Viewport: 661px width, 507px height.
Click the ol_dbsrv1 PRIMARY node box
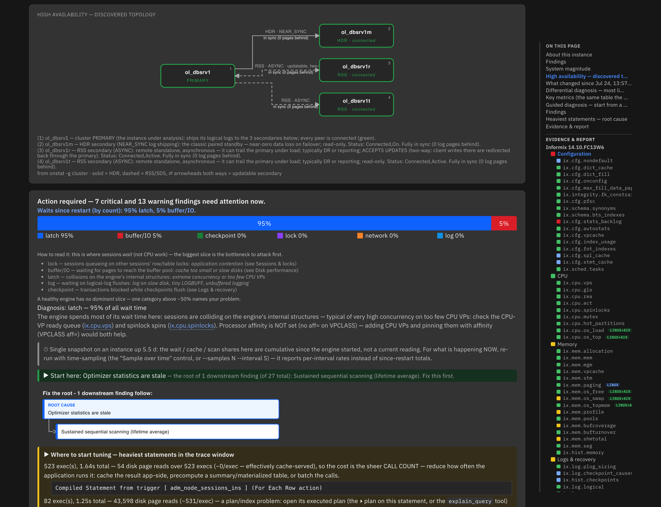click(198, 76)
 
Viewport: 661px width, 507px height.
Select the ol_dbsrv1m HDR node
click(356, 36)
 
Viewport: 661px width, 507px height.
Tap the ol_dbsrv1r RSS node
click(356, 70)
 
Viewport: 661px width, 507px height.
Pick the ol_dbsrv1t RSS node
click(356, 104)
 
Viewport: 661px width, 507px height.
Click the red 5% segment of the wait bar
click(504, 223)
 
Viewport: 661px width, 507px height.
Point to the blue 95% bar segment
click(264, 223)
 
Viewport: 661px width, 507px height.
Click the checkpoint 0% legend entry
click(222, 236)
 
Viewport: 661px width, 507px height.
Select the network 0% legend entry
click(378, 236)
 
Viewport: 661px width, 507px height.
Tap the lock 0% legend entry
click(292, 236)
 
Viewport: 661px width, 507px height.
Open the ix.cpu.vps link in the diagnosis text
click(98, 326)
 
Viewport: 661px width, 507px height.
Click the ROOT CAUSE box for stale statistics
click(161, 409)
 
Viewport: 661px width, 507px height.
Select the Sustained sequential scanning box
click(167, 432)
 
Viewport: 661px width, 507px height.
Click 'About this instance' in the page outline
click(569, 55)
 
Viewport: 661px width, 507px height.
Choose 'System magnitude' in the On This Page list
click(568, 69)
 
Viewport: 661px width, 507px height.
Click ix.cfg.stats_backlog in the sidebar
click(592, 222)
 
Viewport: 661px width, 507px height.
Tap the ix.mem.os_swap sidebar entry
click(583, 398)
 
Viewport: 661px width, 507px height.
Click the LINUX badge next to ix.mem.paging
click(613, 385)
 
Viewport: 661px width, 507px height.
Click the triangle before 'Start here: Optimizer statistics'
click(46, 375)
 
